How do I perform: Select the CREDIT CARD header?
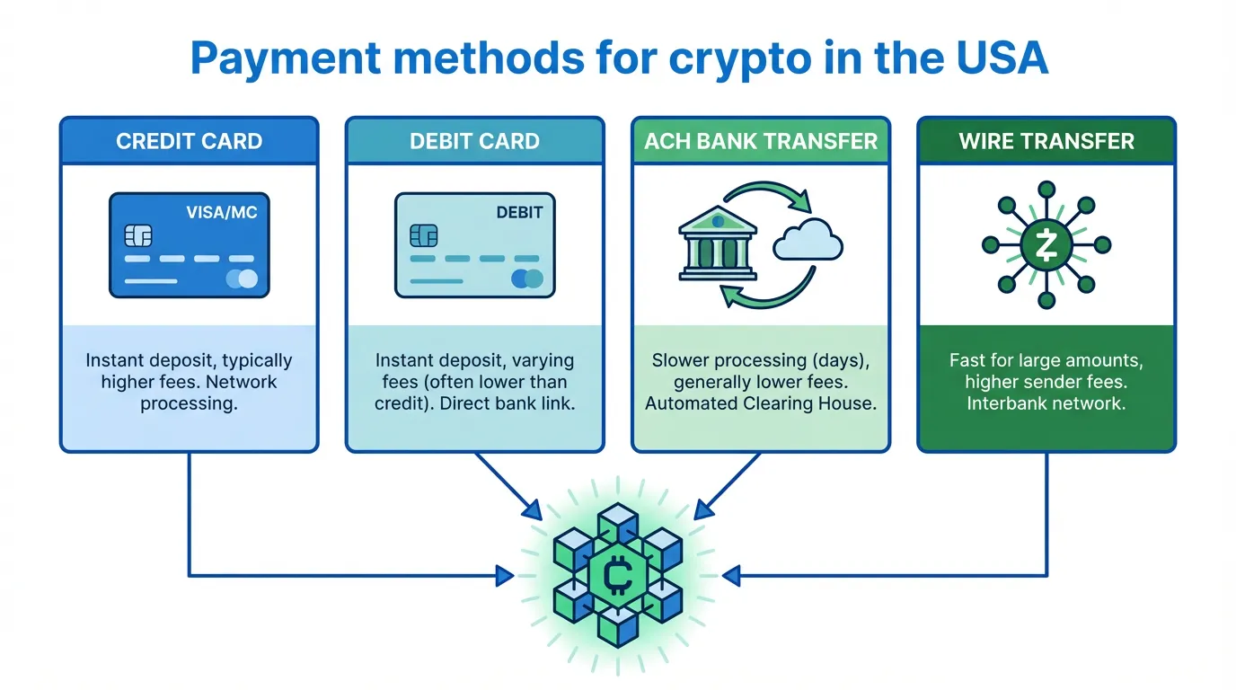pyautogui.click(x=190, y=141)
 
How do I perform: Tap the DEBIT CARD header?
pyautogui.click(x=474, y=141)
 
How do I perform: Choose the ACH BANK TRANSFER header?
pyautogui.click(x=760, y=141)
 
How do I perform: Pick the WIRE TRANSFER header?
pyautogui.click(x=1046, y=141)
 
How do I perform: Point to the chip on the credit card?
pyautogui.click(x=137, y=235)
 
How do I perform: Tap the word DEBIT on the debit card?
pyautogui.click(x=519, y=213)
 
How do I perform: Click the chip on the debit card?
pyautogui.click(x=423, y=235)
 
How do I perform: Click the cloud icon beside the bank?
pyautogui.click(x=808, y=240)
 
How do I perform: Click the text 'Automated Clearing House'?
pyautogui.click(x=760, y=403)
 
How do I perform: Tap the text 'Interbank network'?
pyautogui.click(x=1045, y=403)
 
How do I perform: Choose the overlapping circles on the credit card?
pyautogui.click(x=242, y=279)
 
